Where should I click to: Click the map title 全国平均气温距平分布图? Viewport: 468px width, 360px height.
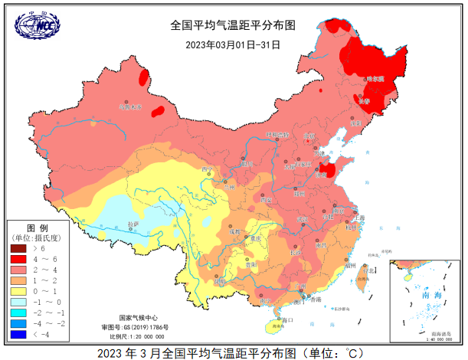pos(233,25)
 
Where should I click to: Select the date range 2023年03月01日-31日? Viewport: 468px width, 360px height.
pos(233,44)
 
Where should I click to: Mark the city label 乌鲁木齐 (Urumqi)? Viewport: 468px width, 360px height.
pos(130,107)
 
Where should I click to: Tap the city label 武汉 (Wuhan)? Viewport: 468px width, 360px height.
pos(303,220)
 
